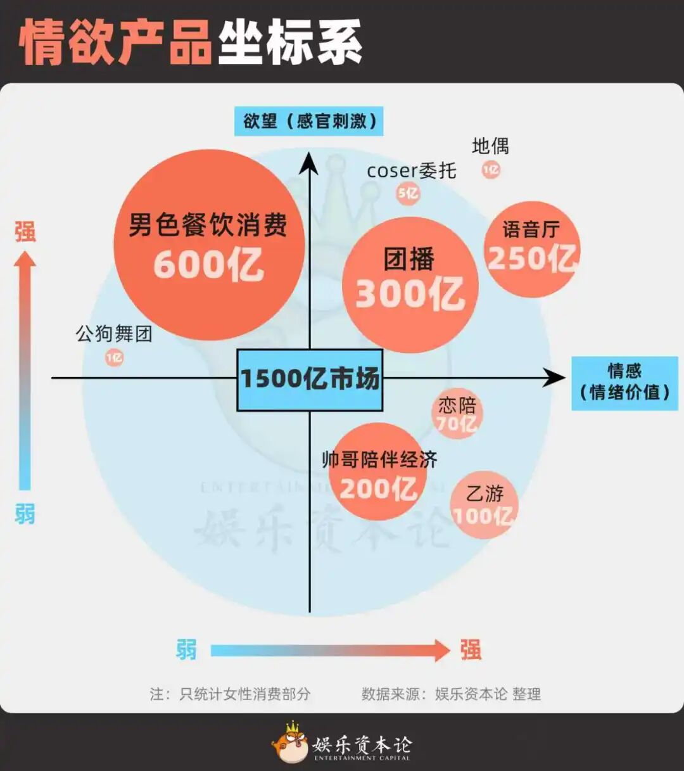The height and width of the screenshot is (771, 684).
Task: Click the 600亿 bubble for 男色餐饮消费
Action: tap(209, 246)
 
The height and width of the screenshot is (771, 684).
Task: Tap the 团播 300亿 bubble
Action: tap(410, 285)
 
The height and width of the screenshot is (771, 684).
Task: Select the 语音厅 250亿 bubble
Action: tap(532, 250)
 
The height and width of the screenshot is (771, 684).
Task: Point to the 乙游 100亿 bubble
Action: tap(484, 505)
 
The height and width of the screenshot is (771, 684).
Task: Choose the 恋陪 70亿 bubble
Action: tap(457, 414)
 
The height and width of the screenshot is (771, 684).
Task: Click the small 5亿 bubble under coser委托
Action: tap(408, 193)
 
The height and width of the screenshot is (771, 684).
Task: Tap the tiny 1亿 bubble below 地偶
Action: tap(491, 169)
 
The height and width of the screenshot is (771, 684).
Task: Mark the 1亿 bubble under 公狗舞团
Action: tap(114, 358)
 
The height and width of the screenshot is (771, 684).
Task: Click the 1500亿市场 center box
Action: tap(310, 379)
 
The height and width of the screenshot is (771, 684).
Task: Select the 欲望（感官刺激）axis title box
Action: tap(309, 121)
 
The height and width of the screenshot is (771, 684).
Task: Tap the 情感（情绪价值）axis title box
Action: tap(624, 382)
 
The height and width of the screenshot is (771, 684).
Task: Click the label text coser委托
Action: tap(411, 170)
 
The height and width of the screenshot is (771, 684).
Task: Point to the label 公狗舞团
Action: tap(114, 333)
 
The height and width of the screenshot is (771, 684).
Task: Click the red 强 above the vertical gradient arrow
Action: tap(25, 232)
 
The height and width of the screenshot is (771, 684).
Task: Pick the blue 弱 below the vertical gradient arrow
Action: tap(25, 514)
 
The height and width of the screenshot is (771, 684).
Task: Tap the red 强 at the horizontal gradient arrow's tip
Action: tap(471, 650)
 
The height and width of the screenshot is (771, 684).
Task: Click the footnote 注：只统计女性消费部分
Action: tap(230, 694)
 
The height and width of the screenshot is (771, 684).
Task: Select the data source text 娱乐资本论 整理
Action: tap(487, 694)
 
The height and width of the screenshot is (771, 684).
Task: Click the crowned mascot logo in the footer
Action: tap(290, 742)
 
